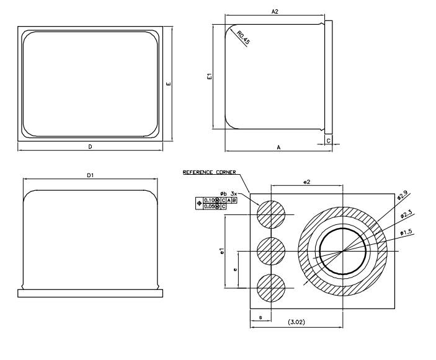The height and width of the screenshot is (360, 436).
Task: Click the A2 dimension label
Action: (x=275, y=12)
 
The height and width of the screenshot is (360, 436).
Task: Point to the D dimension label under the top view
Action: (x=91, y=147)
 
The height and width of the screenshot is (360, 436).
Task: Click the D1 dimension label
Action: (x=91, y=176)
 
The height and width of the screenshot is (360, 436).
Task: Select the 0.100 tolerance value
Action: (x=210, y=200)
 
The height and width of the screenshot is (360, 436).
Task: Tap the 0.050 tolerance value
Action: (x=210, y=206)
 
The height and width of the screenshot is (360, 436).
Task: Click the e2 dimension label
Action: (x=306, y=181)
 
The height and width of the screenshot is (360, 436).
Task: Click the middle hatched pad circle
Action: (x=270, y=252)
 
